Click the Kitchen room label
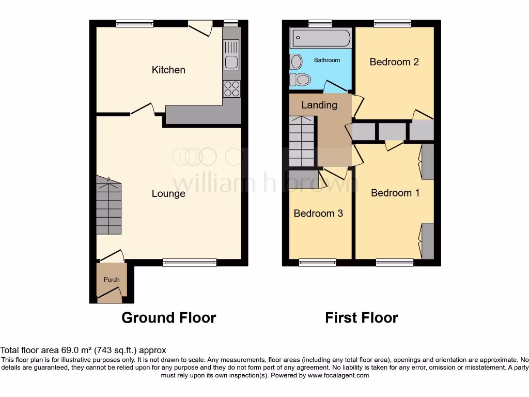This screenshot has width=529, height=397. [x=168, y=70]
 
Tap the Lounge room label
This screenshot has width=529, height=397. [x=168, y=194]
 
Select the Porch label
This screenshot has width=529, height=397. [x=112, y=280]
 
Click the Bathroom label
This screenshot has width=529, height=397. [x=327, y=60]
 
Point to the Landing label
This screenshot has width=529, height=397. [x=319, y=105]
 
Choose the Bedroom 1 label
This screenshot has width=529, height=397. [x=395, y=193]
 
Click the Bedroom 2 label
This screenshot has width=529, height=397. [x=394, y=62]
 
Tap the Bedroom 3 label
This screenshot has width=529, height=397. [x=318, y=213]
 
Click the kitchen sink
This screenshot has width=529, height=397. [x=231, y=54]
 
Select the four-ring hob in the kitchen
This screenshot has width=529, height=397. [x=232, y=89]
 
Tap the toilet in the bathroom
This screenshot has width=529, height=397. [x=300, y=80]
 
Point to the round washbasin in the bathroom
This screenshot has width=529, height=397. [x=296, y=62]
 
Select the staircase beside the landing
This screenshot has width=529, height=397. [x=301, y=141]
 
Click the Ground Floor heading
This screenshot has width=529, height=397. [x=168, y=317]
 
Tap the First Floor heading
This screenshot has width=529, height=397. [x=362, y=317]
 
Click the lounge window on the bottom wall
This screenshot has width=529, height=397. [x=190, y=262]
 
